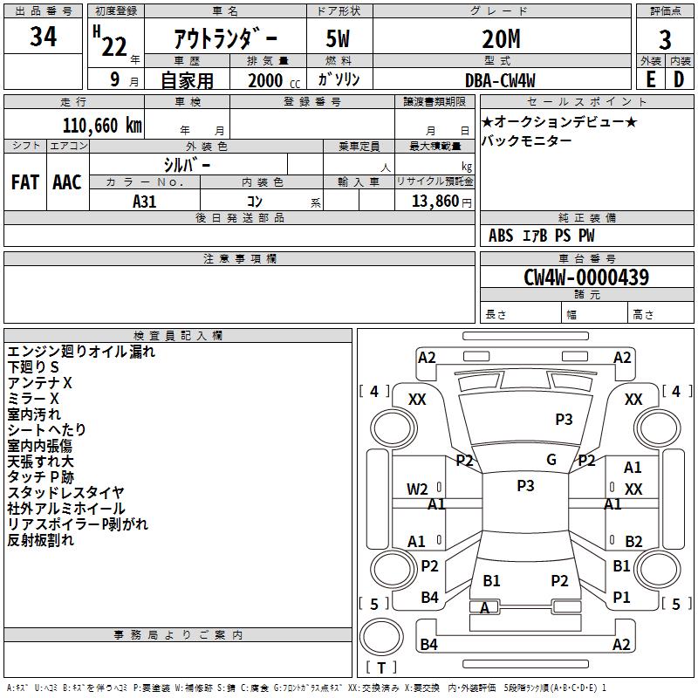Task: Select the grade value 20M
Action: pos(501,39)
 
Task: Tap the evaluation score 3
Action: pos(665,39)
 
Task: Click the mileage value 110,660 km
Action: pos(102,125)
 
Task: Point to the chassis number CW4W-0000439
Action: pos(585,277)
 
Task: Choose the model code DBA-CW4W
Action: pos(501,79)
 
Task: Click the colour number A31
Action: pos(144,201)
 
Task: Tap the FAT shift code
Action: pos(24,181)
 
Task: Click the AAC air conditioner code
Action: pos(66,181)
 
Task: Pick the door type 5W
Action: pos(339,39)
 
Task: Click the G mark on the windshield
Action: pos(551,460)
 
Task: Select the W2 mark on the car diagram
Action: pos(417,489)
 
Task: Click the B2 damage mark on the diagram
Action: pos(633,542)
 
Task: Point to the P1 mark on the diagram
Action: pos(621,598)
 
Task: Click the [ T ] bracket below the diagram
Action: pos(380,667)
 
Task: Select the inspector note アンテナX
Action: pos(40,383)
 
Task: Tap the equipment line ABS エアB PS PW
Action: pos(542,236)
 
